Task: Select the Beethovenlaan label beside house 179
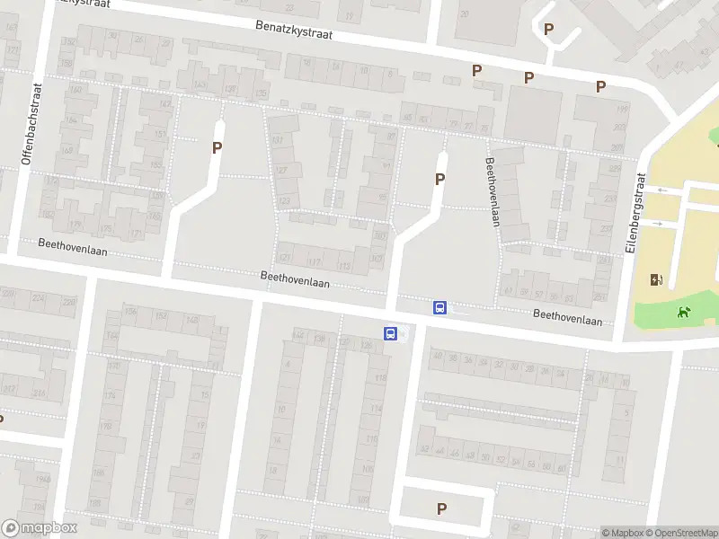click(x=72, y=247)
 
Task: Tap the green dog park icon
click(x=684, y=313)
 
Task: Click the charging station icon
click(x=656, y=279)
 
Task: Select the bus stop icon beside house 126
click(x=391, y=333)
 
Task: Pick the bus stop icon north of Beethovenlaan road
click(x=439, y=307)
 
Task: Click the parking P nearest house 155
click(x=217, y=148)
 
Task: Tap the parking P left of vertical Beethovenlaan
click(x=439, y=179)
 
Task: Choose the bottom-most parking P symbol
click(x=441, y=508)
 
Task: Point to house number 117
click(x=314, y=261)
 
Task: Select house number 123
click(x=285, y=201)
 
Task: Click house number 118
click(x=380, y=377)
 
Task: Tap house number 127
click(x=282, y=171)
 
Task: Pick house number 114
click(x=374, y=408)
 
